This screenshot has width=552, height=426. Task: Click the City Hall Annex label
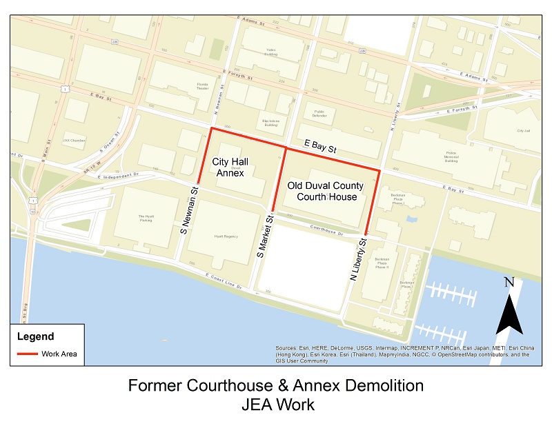click(x=230, y=167)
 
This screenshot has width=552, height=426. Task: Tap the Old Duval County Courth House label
click(x=326, y=191)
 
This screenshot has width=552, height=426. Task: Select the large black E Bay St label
click(x=320, y=147)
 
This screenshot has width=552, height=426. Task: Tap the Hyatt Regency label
click(x=225, y=236)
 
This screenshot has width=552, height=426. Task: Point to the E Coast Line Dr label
click(x=225, y=278)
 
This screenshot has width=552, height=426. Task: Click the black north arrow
click(x=509, y=313)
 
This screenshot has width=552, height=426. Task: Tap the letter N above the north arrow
click(x=509, y=281)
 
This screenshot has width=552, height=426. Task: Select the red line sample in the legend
click(x=28, y=354)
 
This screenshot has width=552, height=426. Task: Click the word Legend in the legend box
click(x=35, y=337)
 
